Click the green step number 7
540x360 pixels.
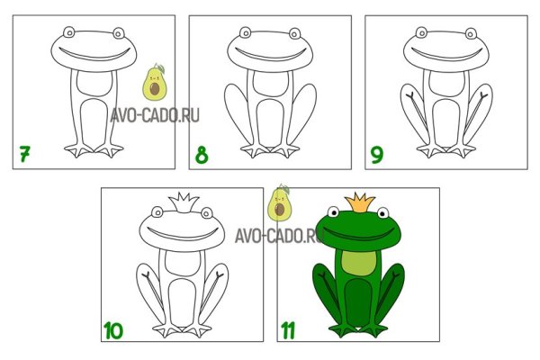pos(24,154)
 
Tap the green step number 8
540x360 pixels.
pos(202,155)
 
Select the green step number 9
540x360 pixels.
pos(377,155)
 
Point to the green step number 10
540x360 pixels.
pos(113,330)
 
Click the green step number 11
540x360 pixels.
pos(288,330)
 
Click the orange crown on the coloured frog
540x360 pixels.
pos(359,202)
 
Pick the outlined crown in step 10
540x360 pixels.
pos(184,202)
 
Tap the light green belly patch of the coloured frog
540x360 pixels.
pos(358,263)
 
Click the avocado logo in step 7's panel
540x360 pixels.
pos(155,83)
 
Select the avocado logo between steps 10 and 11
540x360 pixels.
pos(280,203)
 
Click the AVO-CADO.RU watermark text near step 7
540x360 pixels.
pos(155,116)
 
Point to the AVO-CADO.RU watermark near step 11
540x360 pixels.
pos(279,237)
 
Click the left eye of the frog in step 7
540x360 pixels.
pos(69,32)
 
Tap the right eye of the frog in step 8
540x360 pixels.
pos(295,34)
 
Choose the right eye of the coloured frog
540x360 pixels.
pos(383,213)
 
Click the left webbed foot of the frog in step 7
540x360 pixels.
pos(79,150)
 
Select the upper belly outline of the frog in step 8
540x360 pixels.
pos(270,84)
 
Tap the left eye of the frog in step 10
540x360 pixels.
pos(157,212)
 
